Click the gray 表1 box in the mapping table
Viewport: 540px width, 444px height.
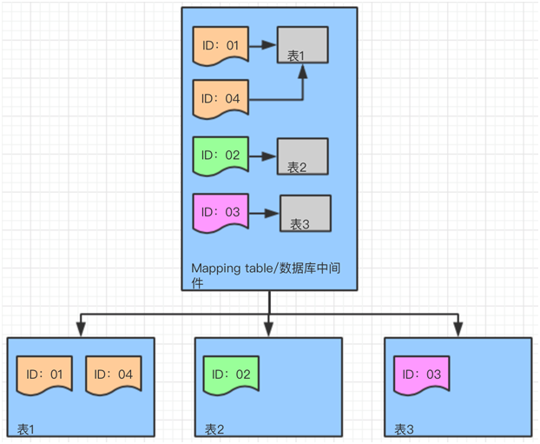[302, 45]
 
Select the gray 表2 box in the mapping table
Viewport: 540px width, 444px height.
[302, 156]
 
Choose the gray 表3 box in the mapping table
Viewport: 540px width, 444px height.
[305, 213]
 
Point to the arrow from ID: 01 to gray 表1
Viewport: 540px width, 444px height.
[263, 45]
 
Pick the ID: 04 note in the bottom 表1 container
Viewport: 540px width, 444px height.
[113, 374]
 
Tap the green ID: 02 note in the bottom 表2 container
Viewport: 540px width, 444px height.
[231, 374]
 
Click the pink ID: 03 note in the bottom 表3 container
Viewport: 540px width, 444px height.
[421, 374]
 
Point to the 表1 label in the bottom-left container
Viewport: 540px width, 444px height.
[27, 428]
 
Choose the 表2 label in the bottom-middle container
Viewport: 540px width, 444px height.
[214, 428]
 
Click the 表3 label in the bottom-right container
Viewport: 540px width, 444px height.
[404, 428]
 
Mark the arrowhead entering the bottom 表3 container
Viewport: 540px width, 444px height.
[458, 328]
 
